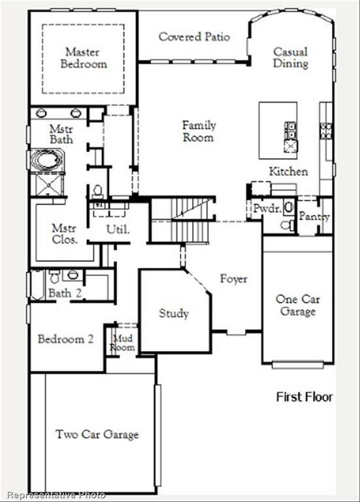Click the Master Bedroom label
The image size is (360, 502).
point(83,58)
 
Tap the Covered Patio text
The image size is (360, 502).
point(194,37)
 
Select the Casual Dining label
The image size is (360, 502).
point(290,58)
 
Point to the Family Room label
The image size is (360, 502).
point(199,131)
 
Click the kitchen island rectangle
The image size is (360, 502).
point(278,130)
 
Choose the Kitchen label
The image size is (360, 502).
point(288,171)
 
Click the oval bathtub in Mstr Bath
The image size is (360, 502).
point(46,161)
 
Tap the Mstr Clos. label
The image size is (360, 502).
point(65,233)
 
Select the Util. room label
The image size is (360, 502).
point(118,229)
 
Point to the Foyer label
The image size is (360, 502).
point(233,279)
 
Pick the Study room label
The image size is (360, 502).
point(174,313)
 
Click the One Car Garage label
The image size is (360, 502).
point(297,305)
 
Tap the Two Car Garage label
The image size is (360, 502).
point(97,434)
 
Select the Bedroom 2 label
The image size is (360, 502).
point(65,339)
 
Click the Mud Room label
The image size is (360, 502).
point(123,343)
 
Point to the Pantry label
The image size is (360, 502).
point(314,216)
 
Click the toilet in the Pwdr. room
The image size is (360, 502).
point(287,225)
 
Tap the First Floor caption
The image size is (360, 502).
point(304,397)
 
